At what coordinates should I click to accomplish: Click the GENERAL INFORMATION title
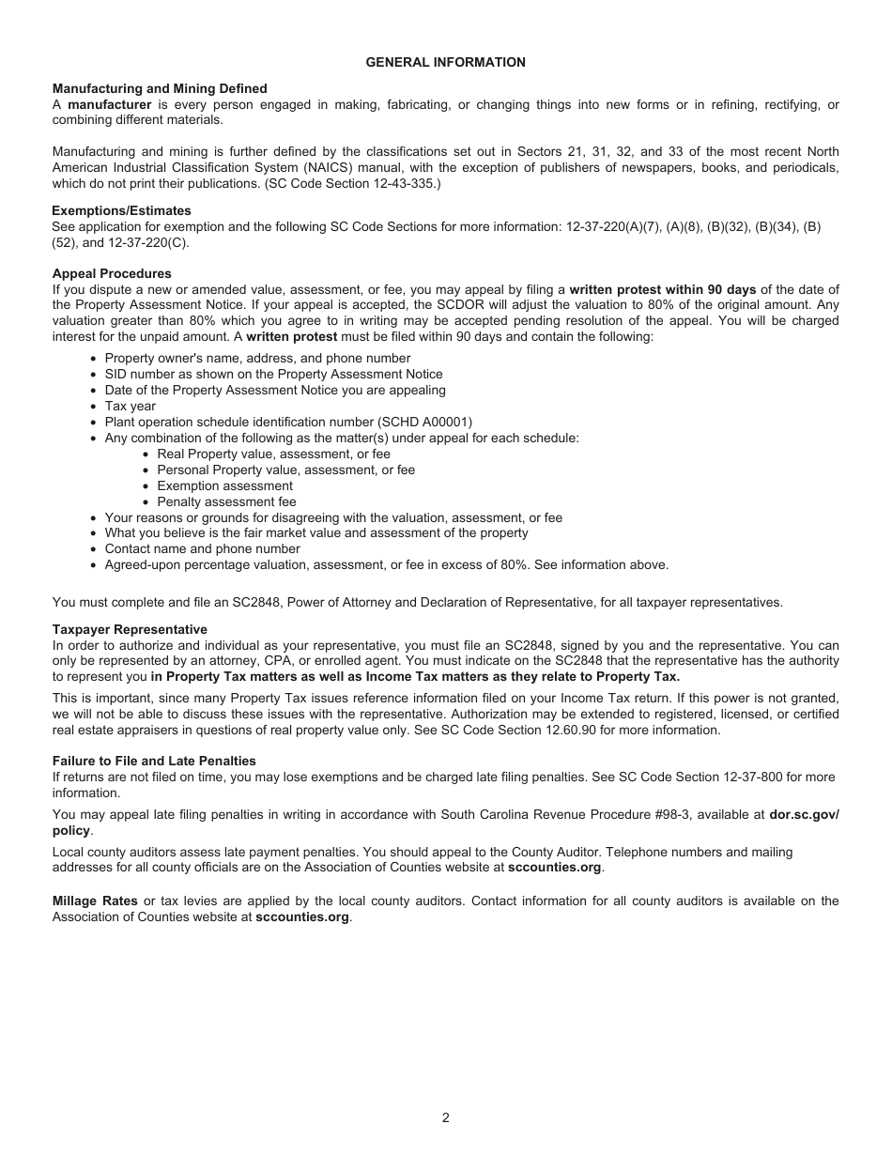pyautogui.click(x=445, y=62)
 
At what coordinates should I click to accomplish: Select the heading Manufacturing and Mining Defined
pyautogui.click(x=160, y=88)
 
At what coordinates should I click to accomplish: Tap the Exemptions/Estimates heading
pyautogui.click(x=121, y=211)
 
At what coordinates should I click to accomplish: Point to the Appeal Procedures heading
pyautogui.click(x=112, y=274)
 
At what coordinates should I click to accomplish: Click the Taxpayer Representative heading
pyautogui.click(x=130, y=629)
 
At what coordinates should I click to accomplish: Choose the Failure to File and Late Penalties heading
pyautogui.click(x=154, y=761)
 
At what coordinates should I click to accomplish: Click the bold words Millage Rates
pyautogui.click(x=95, y=901)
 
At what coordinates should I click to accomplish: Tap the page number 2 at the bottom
pyautogui.click(x=446, y=1117)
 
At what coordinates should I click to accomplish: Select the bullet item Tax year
pyautogui.click(x=131, y=407)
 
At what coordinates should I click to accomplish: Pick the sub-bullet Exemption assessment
pyautogui.click(x=224, y=485)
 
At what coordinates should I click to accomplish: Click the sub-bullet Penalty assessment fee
pyautogui.click(x=226, y=501)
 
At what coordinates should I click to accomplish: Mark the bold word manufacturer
pyautogui.click(x=110, y=104)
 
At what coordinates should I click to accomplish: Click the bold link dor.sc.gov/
pyautogui.click(x=804, y=815)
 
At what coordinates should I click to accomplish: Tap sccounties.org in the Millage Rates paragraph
pyautogui.click(x=302, y=916)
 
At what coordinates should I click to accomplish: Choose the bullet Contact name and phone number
pyautogui.click(x=202, y=548)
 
